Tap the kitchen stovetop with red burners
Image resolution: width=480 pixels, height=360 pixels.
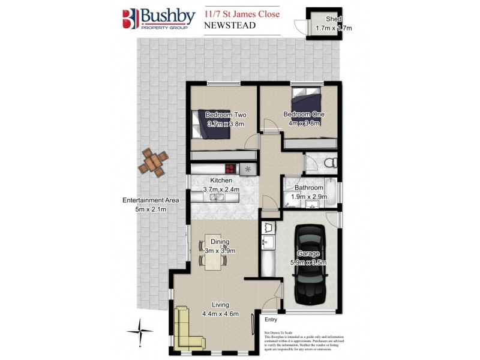tap(230, 170)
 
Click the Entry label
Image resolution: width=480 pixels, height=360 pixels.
tap(271, 320)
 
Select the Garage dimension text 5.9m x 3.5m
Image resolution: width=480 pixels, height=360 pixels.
tap(308, 262)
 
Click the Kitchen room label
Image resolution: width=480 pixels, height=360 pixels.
tap(221, 180)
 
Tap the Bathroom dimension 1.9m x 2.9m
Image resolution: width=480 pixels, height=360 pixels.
tap(308, 197)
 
